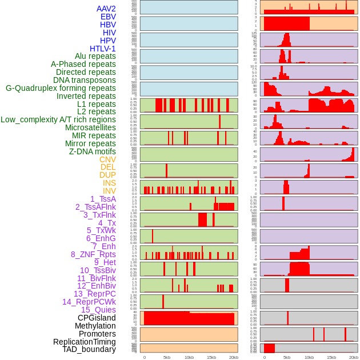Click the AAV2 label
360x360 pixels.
(x=106, y=9)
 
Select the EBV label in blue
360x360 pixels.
(x=108, y=17)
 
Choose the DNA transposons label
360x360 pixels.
(x=85, y=80)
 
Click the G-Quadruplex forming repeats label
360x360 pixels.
(x=61, y=88)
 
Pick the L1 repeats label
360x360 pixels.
(x=97, y=104)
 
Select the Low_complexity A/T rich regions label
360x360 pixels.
(x=58, y=119)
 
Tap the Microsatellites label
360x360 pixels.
(x=90, y=127)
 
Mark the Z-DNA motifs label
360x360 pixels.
(x=93, y=151)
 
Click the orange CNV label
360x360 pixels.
(x=107, y=159)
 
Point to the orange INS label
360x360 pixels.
(x=109, y=183)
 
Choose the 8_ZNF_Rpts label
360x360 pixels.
(x=93, y=254)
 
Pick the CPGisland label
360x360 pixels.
(x=97, y=318)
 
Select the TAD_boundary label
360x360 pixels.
(x=89, y=349)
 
